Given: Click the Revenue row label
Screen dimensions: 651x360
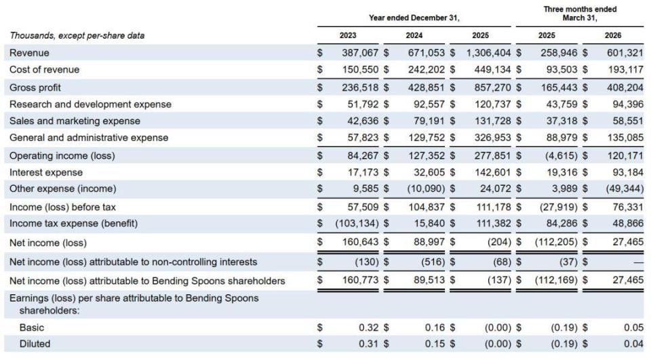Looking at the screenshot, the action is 29,53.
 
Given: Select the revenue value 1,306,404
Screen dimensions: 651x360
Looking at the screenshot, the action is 489,53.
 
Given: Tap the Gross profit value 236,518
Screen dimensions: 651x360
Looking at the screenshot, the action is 360,87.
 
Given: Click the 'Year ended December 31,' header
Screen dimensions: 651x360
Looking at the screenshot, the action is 414,18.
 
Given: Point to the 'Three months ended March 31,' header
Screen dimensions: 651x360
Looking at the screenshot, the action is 580,14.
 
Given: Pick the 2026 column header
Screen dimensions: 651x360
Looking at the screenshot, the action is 613,35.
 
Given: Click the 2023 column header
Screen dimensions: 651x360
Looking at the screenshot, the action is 348,35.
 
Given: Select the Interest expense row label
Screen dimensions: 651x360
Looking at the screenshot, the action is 46,172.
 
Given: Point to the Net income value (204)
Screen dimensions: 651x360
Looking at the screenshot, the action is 500,241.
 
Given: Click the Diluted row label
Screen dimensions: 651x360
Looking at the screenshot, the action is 35,344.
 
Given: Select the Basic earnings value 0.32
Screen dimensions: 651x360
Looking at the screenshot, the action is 369,327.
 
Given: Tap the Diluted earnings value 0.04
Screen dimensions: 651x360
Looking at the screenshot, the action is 633,344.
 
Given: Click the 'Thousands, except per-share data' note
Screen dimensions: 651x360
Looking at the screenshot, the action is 77,36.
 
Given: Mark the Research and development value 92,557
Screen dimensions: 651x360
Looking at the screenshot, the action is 429,104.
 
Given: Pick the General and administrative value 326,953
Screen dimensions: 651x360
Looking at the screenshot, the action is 493,138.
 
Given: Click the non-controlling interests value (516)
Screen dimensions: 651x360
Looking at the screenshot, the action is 432,262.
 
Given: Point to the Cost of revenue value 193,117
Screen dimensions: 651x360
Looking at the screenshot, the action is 626,69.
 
